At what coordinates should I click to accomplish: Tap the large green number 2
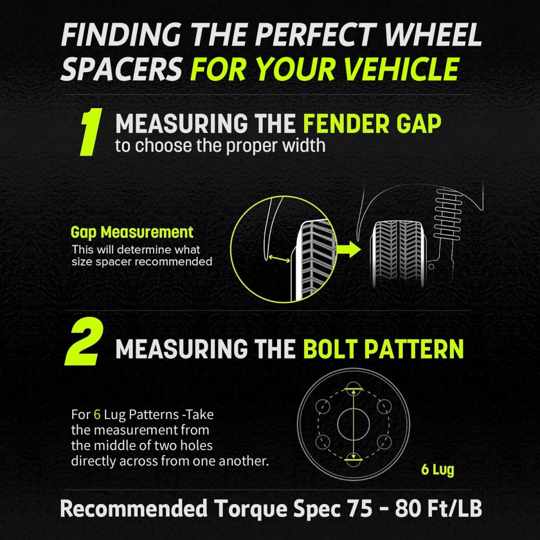[x=84, y=344]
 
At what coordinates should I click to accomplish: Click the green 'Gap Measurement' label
[x=132, y=232]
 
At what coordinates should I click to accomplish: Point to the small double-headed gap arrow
[x=279, y=259]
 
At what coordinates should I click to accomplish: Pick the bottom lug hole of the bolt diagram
[x=354, y=460]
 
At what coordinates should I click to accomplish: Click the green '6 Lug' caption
[x=437, y=470]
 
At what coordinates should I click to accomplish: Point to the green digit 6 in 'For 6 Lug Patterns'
[x=97, y=414]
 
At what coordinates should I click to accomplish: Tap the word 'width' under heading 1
[x=305, y=145]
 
